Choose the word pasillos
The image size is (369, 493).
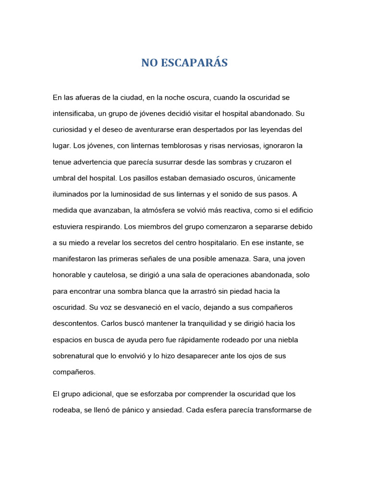tap(145, 178)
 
